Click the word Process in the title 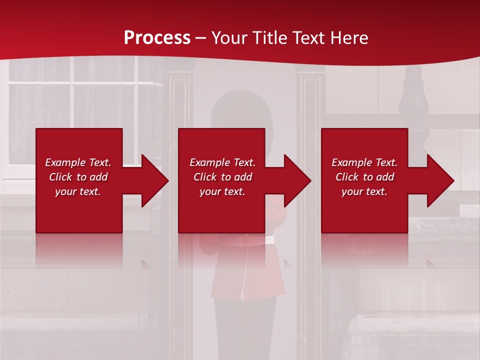tap(157, 38)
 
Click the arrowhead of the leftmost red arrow tap(154, 180)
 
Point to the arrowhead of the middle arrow tap(297, 180)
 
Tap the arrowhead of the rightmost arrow tap(440, 180)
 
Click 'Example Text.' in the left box tap(78, 162)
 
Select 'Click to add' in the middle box tap(222, 177)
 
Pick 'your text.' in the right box tap(364, 191)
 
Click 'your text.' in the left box tap(78, 191)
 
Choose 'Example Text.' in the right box tap(364, 162)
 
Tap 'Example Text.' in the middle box tap(222, 162)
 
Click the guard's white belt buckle tap(245, 241)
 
